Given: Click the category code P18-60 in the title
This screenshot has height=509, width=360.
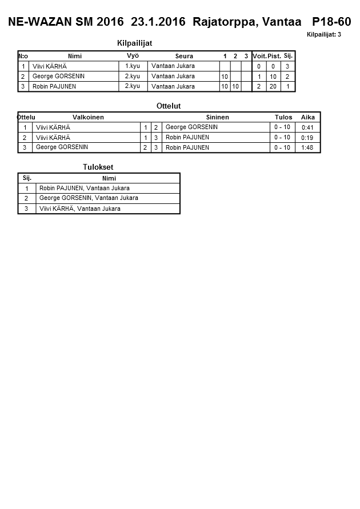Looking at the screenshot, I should [331, 22].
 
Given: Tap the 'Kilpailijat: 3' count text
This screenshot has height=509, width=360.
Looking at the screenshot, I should [324, 34].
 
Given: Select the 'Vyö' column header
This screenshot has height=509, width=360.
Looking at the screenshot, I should [133, 56].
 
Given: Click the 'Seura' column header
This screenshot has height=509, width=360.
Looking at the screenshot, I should [184, 56].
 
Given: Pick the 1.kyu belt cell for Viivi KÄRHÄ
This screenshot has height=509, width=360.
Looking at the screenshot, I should [133, 66].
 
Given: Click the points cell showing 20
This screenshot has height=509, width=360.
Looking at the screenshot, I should [273, 87].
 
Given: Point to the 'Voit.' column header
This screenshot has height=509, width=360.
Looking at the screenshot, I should [259, 56].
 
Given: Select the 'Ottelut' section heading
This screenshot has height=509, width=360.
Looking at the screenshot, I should [168, 106].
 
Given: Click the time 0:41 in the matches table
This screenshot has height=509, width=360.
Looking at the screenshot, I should [307, 127].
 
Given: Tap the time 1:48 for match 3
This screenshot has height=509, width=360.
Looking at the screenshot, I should [307, 148].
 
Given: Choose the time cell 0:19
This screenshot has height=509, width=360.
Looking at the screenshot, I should [307, 138].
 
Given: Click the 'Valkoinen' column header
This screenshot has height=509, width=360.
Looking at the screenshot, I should [88, 117].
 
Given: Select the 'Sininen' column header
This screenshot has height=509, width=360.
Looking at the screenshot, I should [217, 117].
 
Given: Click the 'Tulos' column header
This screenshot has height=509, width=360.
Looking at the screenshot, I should [283, 117].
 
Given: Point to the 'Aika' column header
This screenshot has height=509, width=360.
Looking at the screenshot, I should [308, 117].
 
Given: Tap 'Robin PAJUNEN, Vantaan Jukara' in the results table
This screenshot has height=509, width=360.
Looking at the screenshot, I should [85, 189].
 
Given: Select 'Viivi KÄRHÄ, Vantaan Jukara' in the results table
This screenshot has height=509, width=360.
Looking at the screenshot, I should [80, 209].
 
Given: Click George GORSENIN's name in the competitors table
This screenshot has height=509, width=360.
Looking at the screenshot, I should [58, 77].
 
